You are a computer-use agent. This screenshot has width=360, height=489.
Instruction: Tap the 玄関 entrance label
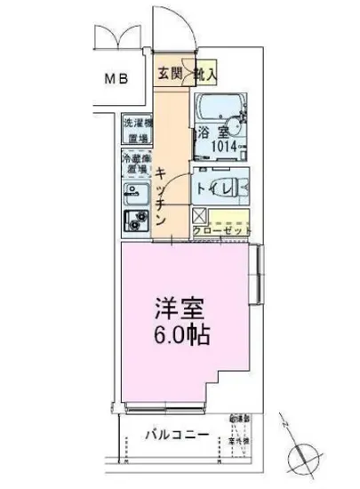coord(170,75)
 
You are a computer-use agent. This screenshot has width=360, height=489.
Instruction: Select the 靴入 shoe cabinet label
coord(204,75)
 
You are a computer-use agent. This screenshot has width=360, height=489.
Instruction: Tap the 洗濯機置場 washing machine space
coord(135,131)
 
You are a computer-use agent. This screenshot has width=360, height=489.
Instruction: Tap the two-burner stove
coord(135,221)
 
